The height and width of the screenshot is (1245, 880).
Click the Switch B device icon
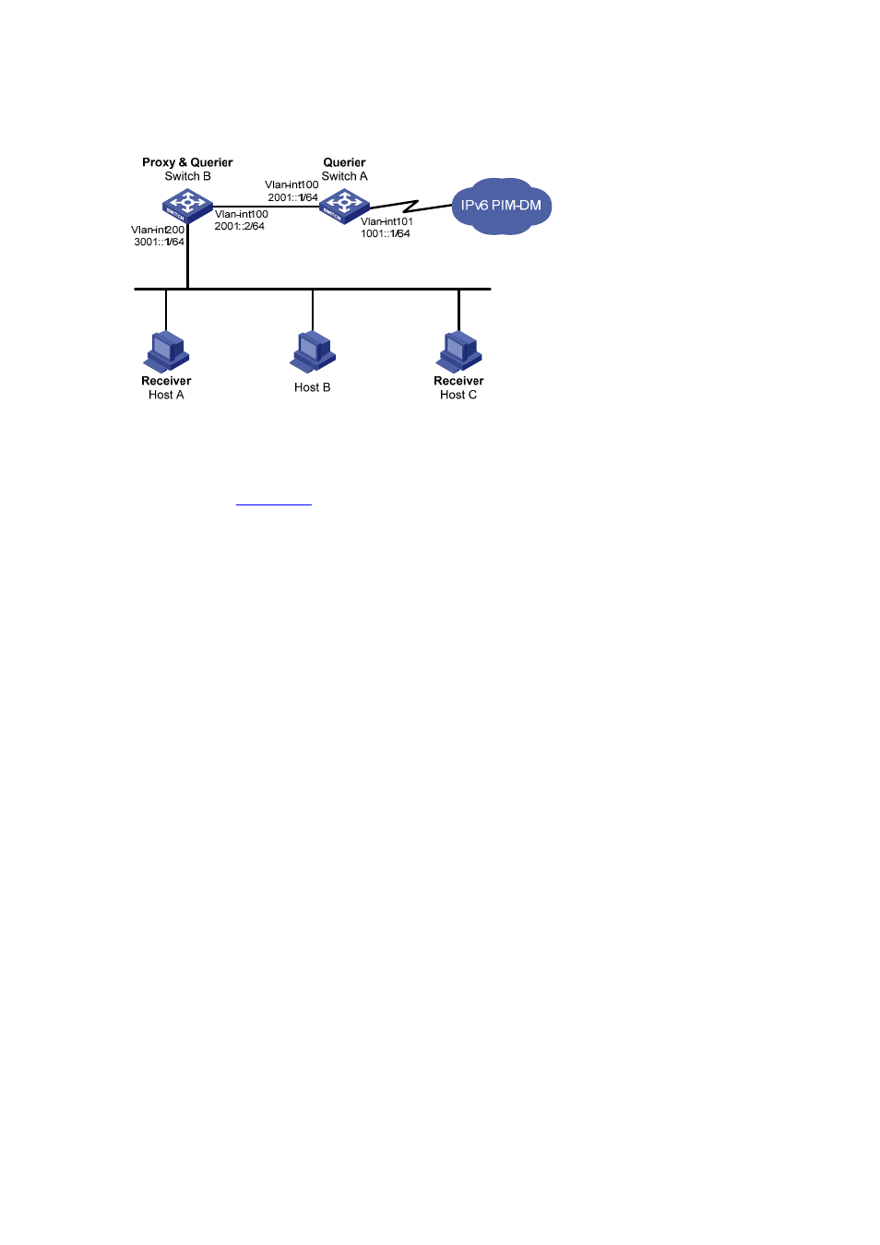tap(187, 207)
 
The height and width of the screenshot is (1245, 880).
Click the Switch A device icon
tap(344, 207)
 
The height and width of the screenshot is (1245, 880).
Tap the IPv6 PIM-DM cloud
tap(501, 206)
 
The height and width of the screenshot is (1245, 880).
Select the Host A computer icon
tap(166, 351)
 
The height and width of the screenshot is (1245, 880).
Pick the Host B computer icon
tap(313, 351)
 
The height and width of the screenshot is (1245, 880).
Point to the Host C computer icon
tap(458, 351)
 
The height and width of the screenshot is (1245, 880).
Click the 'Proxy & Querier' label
tap(187, 162)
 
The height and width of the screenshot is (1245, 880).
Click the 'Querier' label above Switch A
tap(344, 162)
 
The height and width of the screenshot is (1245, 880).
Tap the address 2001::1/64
tap(293, 197)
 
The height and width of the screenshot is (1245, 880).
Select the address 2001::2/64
tap(240, 226)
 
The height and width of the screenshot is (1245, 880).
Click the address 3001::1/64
tap(159, 242)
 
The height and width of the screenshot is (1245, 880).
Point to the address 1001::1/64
tap(386, 233)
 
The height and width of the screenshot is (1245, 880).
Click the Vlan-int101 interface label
tap(386, 221)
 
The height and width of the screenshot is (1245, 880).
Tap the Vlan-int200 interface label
tap(158, 230)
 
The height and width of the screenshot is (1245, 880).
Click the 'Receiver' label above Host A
tap(166, 381)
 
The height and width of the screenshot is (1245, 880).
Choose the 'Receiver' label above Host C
tap(458, 381)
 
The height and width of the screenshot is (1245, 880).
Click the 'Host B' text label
tap(313, 387)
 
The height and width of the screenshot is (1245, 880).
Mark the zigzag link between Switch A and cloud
tap(410, 206)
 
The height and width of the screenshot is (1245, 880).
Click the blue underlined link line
tap(274, 504)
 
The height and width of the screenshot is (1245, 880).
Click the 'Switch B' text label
tap(187, 176)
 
